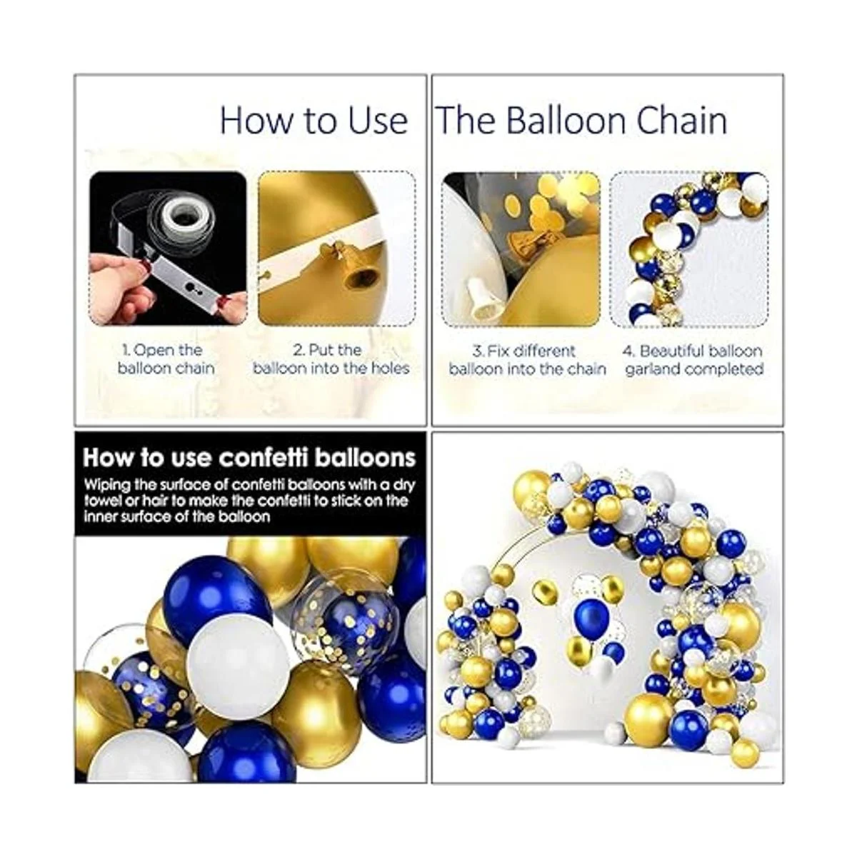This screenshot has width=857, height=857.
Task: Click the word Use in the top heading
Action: click(378, 121)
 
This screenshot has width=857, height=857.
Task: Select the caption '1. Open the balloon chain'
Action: click(166, 359)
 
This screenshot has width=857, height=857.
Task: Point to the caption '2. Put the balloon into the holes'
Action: click(331, 359)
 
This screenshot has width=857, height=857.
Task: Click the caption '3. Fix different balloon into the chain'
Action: click(528, 360)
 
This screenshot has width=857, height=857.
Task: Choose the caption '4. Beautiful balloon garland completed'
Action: click(693, 360)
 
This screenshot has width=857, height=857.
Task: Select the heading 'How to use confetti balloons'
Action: click(249, 458)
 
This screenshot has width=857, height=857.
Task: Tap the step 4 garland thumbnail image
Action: click(689, 250)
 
